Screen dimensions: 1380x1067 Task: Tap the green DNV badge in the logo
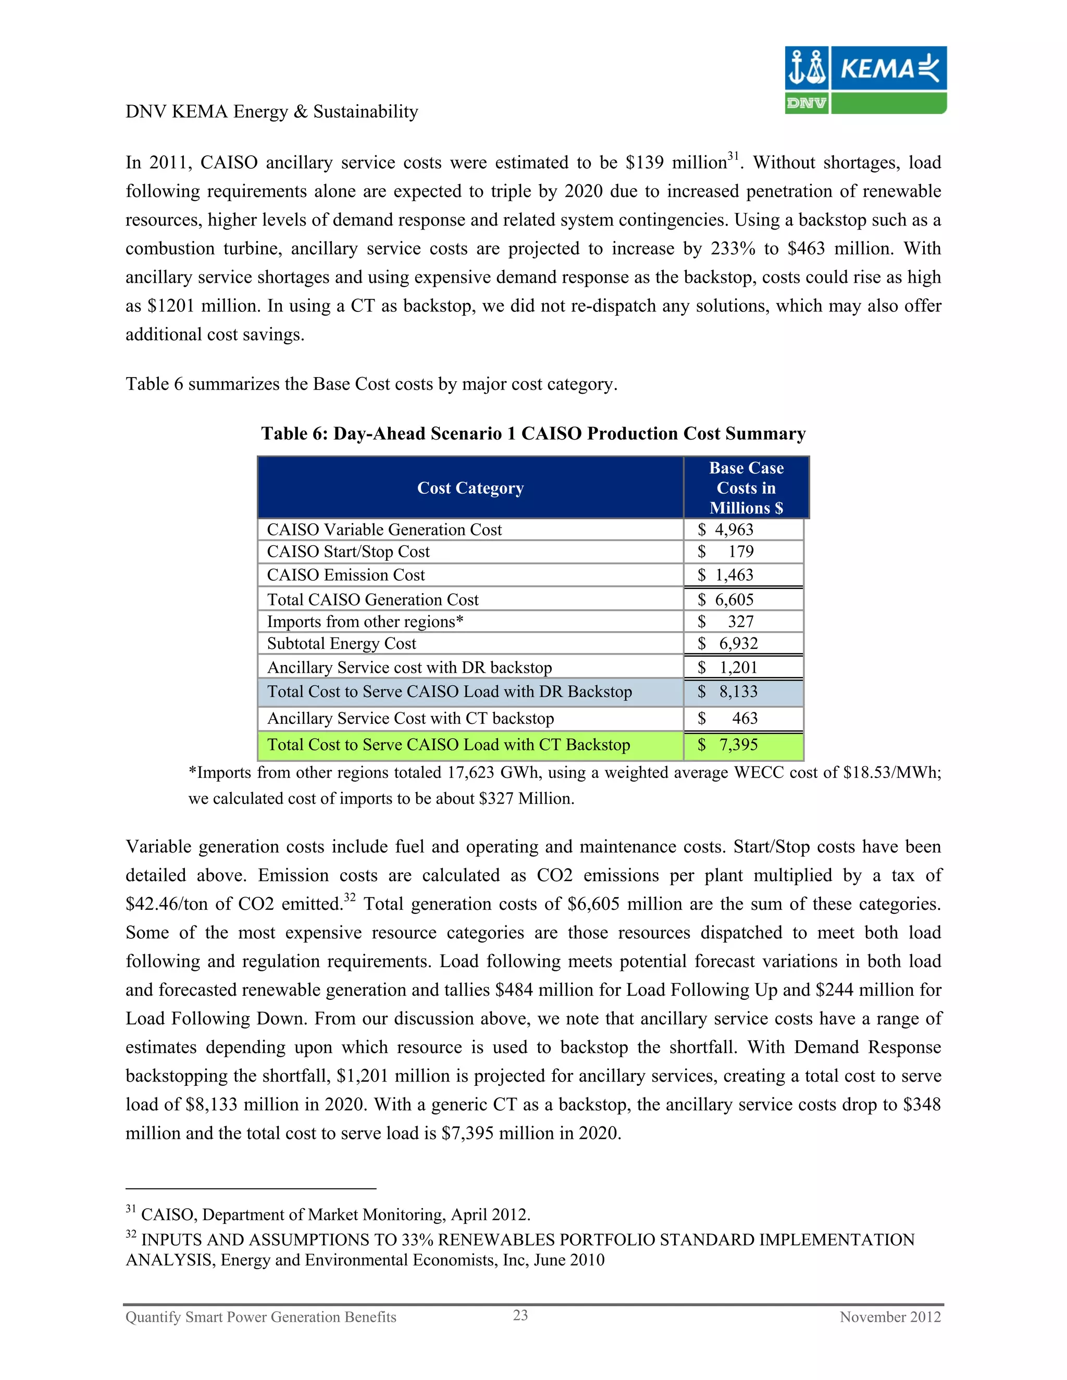pyautogui.click(x=806, y=103)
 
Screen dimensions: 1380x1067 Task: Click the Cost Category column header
pyautogui.click(x=470, y=488)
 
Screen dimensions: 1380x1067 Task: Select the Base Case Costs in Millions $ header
pyautogui.click(x=746, y=488)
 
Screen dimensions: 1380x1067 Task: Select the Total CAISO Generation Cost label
pyautogui.click(x=373, y=599)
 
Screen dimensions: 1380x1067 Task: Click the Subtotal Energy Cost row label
pyautogui.click(x=341, y=643)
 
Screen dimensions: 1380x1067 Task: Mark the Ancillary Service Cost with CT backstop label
pyautogui.click(x=410, y=719)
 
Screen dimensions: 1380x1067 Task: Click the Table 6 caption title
pyautogui.click(x=533, y=433)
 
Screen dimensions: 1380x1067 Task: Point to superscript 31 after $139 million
pyautogui.click(x=733, y=155)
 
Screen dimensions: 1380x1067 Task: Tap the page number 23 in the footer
pyautogui.click(x=520, y=1315)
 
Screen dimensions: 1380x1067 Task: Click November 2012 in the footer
pyautogui.click(x=890, y=1317)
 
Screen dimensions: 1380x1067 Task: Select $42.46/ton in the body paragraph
pyautogui.click(x=166, y=904)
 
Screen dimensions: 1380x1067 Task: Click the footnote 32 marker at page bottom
pyautogui.click(x=130, y=1233)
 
